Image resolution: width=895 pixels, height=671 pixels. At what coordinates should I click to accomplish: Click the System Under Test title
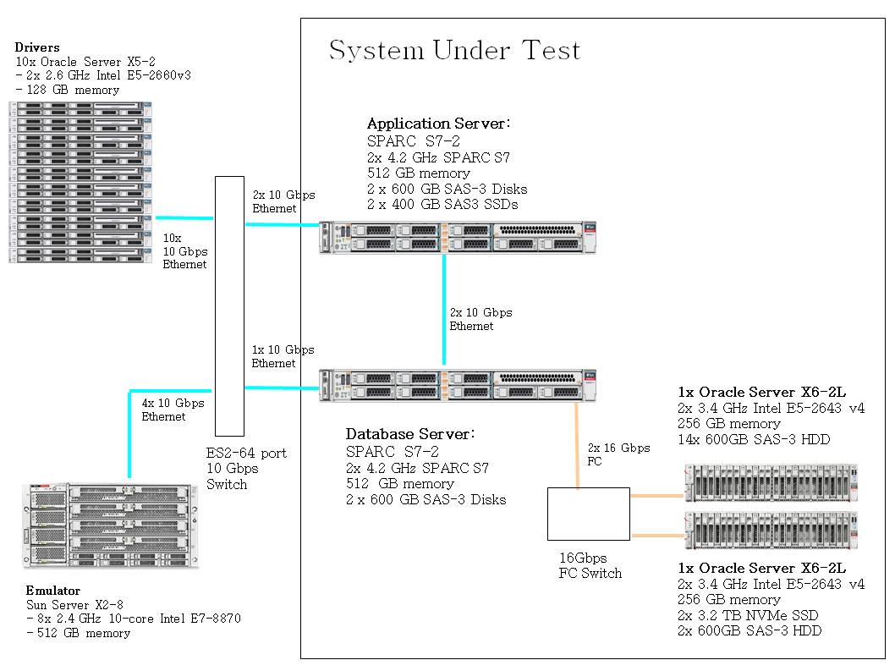point(454,50)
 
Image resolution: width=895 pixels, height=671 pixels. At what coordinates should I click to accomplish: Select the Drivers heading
point(37,48)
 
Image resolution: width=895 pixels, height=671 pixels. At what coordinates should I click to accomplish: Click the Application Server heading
point(438,124)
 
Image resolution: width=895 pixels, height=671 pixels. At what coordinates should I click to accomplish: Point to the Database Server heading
point(410,434)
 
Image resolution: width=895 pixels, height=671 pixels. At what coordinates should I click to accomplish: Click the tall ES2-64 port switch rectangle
point(229,305)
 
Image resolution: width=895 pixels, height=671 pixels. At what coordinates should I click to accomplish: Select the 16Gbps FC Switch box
point(588,514)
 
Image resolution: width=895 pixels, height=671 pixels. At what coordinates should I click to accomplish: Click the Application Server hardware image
point(458,237)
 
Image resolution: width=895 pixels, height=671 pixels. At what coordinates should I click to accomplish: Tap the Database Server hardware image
point(458,385)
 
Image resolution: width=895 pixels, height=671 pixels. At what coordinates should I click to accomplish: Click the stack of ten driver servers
point(81,182)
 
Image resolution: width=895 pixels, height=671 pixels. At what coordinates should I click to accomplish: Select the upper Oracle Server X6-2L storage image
point(770,483)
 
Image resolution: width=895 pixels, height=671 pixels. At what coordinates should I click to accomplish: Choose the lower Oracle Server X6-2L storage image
point(770,531)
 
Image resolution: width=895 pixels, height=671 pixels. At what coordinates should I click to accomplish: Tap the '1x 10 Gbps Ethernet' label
point(283,356)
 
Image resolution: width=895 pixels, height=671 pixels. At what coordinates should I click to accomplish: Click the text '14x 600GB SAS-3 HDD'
point(754,439)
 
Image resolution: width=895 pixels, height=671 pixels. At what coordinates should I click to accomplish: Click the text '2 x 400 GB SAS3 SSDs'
point(442,204)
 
